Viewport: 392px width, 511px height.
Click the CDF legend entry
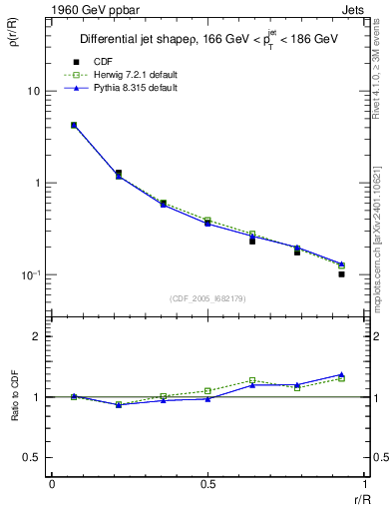coord(102,62)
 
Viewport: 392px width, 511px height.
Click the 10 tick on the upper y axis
coord(33,92)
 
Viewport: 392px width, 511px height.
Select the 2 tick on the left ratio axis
coord(36,337)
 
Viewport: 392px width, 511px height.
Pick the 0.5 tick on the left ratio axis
coord(32,457)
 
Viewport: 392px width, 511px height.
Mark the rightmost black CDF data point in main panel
coord(341,273)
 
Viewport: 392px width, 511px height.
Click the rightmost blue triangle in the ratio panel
coord(341,374)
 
